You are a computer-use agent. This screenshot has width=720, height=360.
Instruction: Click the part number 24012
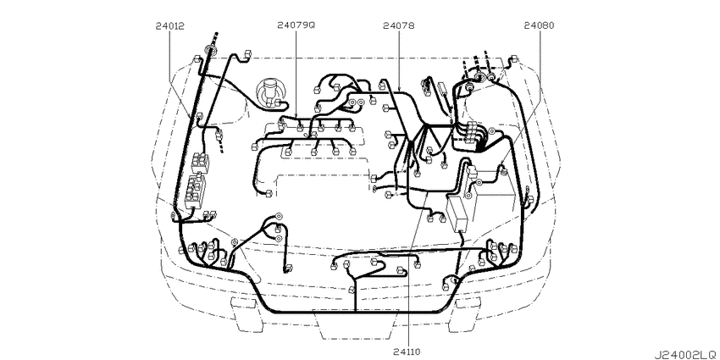pyautogui.click(x=169, y=26)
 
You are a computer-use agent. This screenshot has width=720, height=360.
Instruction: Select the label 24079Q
pyautogui.click(x=296, y=26)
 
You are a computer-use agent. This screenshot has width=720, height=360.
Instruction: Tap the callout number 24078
pyautogui.click(x=399, y=26)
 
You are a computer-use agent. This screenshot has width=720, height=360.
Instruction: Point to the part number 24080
pyautogui.click(x=539, y=26)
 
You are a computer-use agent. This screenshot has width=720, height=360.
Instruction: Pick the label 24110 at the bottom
pyautogui.click(x=407, y=352)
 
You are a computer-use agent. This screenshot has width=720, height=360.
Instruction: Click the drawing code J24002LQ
pyautogui.click(x=684, y=355)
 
